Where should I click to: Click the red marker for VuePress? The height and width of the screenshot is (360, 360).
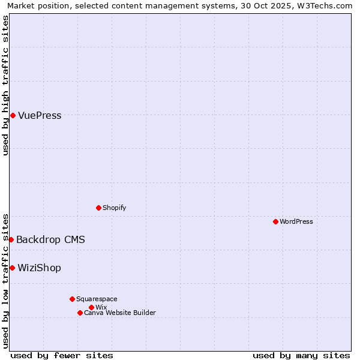(13, 115)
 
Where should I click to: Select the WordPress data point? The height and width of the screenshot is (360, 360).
(275, 221)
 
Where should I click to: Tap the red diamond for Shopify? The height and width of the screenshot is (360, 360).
(98, 208)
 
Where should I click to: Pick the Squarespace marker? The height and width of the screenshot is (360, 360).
(72, 299)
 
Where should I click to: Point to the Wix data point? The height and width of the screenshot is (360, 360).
(91, 307)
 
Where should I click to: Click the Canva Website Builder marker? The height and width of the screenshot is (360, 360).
(80, 313)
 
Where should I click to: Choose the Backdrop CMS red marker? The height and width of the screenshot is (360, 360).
(11, 239)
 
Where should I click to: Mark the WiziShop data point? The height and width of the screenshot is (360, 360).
(12, 268)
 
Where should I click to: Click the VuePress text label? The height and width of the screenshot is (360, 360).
(40, 116)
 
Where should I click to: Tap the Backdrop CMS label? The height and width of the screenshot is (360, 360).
(50, 240)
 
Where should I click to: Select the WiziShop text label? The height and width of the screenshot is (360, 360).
(39, 268)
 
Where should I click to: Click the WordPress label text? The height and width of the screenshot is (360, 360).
(296, 221)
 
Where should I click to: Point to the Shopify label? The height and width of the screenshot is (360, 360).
(114, 208)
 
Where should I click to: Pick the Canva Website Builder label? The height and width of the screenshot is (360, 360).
(120, 313)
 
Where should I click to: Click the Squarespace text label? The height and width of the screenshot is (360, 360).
(97, 299)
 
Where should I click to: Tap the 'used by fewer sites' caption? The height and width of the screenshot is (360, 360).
(62, 355)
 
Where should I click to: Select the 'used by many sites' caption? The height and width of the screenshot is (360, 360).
(301, 355)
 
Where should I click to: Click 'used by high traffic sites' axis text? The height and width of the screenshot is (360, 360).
(6, 85)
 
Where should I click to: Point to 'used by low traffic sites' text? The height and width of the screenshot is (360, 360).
(6, 281)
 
